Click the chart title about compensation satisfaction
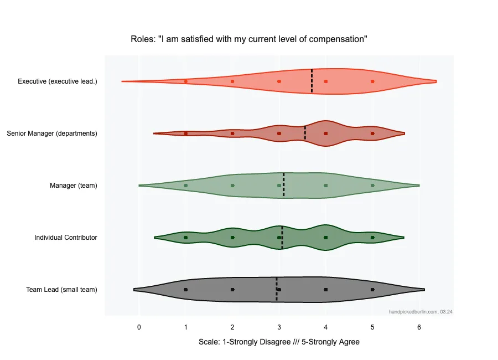pyautogui.click(x=249, y=39)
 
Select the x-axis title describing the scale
pyautogui.click(x=279, y=342)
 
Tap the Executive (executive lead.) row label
pyautogui.click(x=58, y=81)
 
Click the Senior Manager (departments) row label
pyautogui.click(x=52, y=133)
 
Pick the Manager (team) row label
pyautogui.click(x=74, y=186)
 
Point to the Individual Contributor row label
pyautogui.click(x=66, y=238)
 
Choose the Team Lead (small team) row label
pyautogui.click(x=61, y=290)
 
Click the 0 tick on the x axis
pyautogui.click(x=139, y=327)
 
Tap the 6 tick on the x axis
pyautogui.click(x=419, y=327)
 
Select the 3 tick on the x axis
pyautogui.click(x=279, y=327)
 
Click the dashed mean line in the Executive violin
pyautogui.click(x=312, y=81)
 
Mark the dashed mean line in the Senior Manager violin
pyautogui.click(x=305, y=133)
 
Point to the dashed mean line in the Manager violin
pyautogui.click(x=284, y=186)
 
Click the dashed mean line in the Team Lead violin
pyautogui.click(x=277, y=290)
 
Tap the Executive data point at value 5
pyautogui.click(x=372, y=81)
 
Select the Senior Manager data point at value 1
pyautogui.click(x=186, y=133)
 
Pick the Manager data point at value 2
pyautogui.click(x=232, y=186)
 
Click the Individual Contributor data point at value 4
pyautogui.click(x=326, y=238)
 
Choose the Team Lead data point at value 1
pyautogui.click(x=186, y=290)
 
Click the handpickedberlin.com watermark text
pyautogui.click(x=421, y=312)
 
